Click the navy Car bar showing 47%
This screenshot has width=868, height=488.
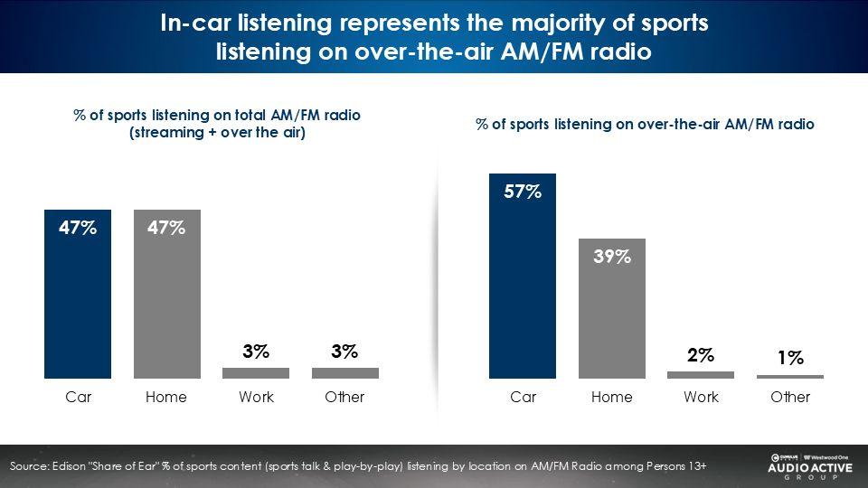[78, 298]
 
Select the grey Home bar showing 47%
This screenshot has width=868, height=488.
[167, 298]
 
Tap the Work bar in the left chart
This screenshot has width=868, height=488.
[256, 372]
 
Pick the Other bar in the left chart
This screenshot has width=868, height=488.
[345, 372]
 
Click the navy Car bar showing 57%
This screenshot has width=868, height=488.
[523, 280]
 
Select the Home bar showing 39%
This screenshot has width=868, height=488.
[612, 312]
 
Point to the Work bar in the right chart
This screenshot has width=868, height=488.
[701, 374]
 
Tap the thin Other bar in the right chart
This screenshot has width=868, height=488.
[790, 376]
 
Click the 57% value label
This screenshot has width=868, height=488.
[523, 192]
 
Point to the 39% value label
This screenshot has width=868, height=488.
[612, 257]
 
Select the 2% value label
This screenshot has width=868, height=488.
[701, 355]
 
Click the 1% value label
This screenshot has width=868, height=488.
[790, 358]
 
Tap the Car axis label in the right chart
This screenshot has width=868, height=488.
[523, 397]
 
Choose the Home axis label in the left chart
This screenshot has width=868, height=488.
[166, 397]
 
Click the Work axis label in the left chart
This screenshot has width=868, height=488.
[256, 397]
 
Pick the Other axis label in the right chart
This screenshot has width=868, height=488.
[790, 397]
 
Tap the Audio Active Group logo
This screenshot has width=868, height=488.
[804, 465]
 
